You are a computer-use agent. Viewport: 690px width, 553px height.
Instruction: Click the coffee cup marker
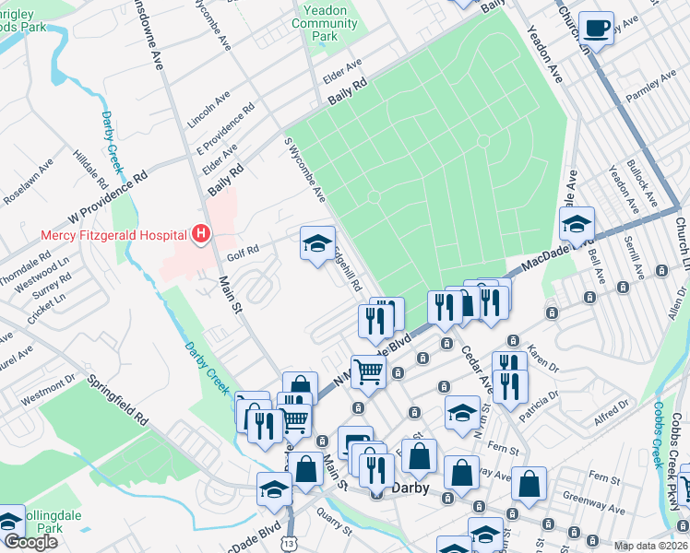click(596, 28)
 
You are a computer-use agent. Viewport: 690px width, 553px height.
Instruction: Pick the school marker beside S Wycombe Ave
click(317, 244)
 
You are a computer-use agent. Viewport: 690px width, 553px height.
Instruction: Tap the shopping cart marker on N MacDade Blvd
click(368, 371)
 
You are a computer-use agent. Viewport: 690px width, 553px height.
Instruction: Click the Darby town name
click(411, 488)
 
